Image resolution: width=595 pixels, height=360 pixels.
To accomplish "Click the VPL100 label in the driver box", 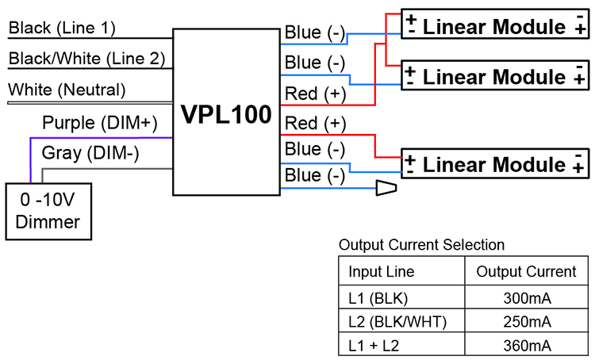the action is click(226, 114).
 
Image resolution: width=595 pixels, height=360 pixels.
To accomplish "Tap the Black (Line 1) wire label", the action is click(62, 28).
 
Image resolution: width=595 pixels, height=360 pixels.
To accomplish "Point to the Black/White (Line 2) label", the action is click(87, 59).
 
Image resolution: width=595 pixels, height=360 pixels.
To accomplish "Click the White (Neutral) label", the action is click(67, 90).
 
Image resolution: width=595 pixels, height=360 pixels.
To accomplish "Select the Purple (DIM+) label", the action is click(100, 123).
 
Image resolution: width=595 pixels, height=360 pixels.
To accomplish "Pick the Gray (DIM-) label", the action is click(90, 153).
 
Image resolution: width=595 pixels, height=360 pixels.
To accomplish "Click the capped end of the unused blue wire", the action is click(386, 188).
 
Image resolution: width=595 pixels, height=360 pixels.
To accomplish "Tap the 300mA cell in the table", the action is click(527, 298).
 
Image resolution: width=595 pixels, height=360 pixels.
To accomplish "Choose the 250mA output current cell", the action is click(527, 322).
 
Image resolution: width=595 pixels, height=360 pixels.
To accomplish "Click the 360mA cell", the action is click(527, 346).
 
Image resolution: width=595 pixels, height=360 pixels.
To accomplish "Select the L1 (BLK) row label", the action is click(378, 298).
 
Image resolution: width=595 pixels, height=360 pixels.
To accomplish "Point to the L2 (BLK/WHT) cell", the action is click(397, 322).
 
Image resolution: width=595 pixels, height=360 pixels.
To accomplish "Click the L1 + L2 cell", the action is click(374, 346).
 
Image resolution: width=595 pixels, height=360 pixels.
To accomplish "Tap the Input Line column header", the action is click(382, 272).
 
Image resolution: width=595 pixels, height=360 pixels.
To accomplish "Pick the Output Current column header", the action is click(526, 272).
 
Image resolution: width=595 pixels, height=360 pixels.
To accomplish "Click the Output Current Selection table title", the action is click(421, 245).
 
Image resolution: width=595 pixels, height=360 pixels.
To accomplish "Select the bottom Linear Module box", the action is click(495, 164).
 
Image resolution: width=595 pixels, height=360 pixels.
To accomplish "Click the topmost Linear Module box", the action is click(495, 25).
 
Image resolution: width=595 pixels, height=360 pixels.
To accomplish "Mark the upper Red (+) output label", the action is click(315, 94).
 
